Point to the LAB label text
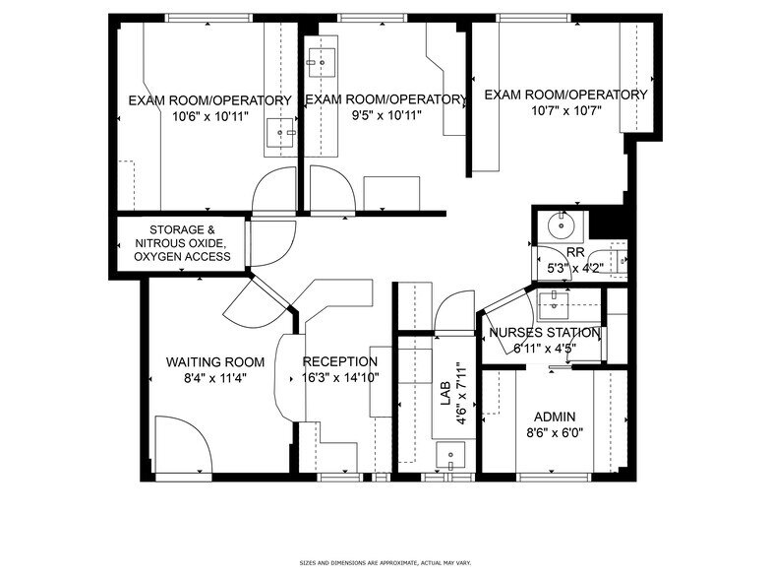click(x=445, y=394)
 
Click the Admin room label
click(x=555, y=417)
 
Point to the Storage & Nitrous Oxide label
click(x=182, y=242)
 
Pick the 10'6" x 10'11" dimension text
click(x=209, y=116)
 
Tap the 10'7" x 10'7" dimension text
click(x=565, y=110)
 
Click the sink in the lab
click(x=451, y=455)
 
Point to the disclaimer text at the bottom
click(x=385, y=563)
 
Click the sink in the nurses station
click(x=554, y=296)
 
